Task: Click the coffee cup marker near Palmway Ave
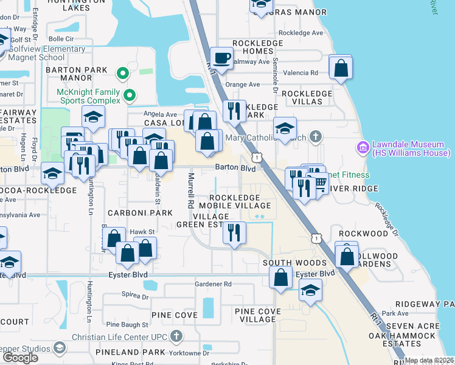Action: coord(221,58)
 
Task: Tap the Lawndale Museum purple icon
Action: coord(363,147)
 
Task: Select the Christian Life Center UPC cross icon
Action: coord(176,335)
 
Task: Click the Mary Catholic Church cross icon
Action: coord(314,136)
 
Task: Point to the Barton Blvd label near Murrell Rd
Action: coord(234,168)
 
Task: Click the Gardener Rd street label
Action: coord(213,283)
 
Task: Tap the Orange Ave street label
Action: coord(242,85)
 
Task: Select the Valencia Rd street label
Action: coord(305,72)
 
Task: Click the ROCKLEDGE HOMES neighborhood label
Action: coord(257,47)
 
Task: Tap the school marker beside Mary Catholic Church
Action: coord(285,128)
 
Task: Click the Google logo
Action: coord(20,358)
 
